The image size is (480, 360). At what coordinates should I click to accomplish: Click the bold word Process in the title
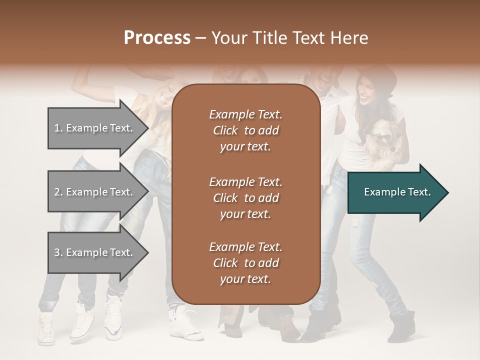click(157, 37)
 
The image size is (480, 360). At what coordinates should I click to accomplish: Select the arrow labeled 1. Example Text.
click(95, 128)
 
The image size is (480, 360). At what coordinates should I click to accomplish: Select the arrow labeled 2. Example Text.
click(95, 192)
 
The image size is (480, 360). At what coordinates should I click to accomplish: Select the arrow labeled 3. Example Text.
click(95, 252)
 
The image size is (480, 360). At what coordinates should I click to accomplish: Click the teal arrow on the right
click(395, 192)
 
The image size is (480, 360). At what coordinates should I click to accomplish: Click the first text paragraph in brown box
click(245, 130)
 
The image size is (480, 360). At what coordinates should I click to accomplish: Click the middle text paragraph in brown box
click(245, 197)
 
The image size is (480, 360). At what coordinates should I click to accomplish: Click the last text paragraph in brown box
click(245, 263)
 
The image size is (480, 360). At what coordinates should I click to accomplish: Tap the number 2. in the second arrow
click(58, 192)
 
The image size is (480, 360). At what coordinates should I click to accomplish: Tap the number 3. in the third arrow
click(58, 252)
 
